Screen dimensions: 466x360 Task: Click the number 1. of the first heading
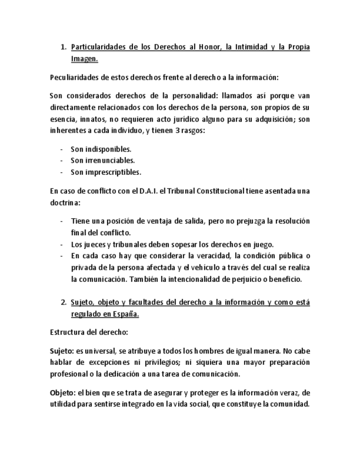coord(63,47)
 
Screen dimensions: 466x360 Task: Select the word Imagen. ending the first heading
coord(84,58)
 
